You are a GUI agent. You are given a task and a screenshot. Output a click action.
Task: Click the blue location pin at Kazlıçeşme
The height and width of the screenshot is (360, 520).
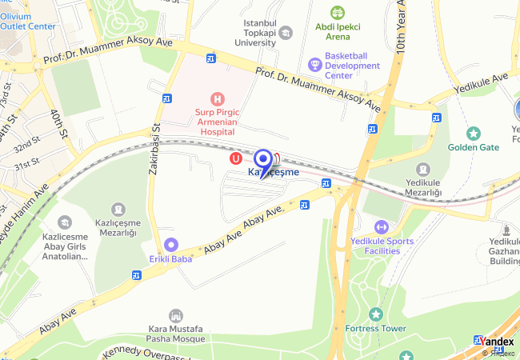point(263,160)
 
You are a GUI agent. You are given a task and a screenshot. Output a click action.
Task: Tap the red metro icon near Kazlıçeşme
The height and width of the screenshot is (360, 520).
point(235,158)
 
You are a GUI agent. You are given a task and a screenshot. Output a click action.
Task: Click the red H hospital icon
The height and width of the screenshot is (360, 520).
point(218,98)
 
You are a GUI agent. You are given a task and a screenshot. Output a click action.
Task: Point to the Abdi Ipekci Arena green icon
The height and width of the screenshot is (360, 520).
point(338,12)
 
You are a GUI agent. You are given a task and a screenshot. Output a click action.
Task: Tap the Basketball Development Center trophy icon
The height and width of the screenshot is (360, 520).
point(314,63)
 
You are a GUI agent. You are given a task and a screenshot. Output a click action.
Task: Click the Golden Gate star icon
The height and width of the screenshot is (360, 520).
point(474,133)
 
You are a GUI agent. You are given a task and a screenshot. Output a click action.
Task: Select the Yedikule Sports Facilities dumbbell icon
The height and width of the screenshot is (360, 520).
point(381,228)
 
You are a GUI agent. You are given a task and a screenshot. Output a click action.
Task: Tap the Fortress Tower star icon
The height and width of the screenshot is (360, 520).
point(376,314)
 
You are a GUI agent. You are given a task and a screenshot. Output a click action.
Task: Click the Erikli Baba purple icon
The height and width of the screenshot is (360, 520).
point(170,244)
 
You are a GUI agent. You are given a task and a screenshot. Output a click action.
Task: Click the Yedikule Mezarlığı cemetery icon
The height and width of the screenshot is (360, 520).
point(424,169)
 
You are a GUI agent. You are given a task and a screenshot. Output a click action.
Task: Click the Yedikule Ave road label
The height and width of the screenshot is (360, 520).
point(480,82)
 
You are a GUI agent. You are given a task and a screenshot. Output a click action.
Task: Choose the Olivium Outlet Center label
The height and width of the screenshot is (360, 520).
point(28,20)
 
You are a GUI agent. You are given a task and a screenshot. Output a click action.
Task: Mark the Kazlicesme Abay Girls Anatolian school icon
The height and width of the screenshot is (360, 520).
point(65,222)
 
